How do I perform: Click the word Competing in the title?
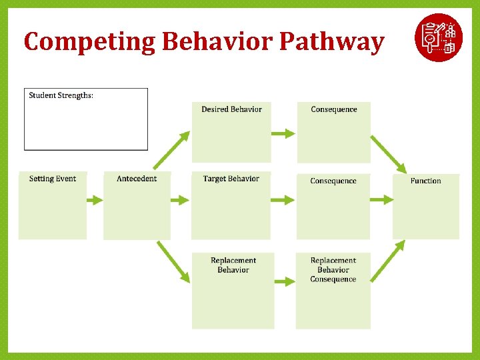pos(90,42)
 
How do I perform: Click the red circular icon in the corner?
pos(438,37)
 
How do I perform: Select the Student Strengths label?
pos(61,95)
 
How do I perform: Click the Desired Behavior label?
pos(231,109)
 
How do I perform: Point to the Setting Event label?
pos(53,179)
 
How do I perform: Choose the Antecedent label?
pos(137,179)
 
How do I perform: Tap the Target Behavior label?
pos(231,179)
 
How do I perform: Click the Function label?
pos(425,181)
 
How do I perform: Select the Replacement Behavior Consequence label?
pos(333,270)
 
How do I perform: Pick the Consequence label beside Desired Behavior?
pos(333,109)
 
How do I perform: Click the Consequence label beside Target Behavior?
pos(333,181)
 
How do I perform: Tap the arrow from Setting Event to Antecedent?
pos(95,199)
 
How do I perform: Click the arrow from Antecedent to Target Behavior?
pos(181,199)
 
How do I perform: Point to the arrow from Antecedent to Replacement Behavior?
pos(173,261)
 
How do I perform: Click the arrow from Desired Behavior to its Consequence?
pos(283,133)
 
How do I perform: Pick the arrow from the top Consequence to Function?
pos(388,154)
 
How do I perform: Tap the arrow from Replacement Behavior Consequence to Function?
pos(388,261)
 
